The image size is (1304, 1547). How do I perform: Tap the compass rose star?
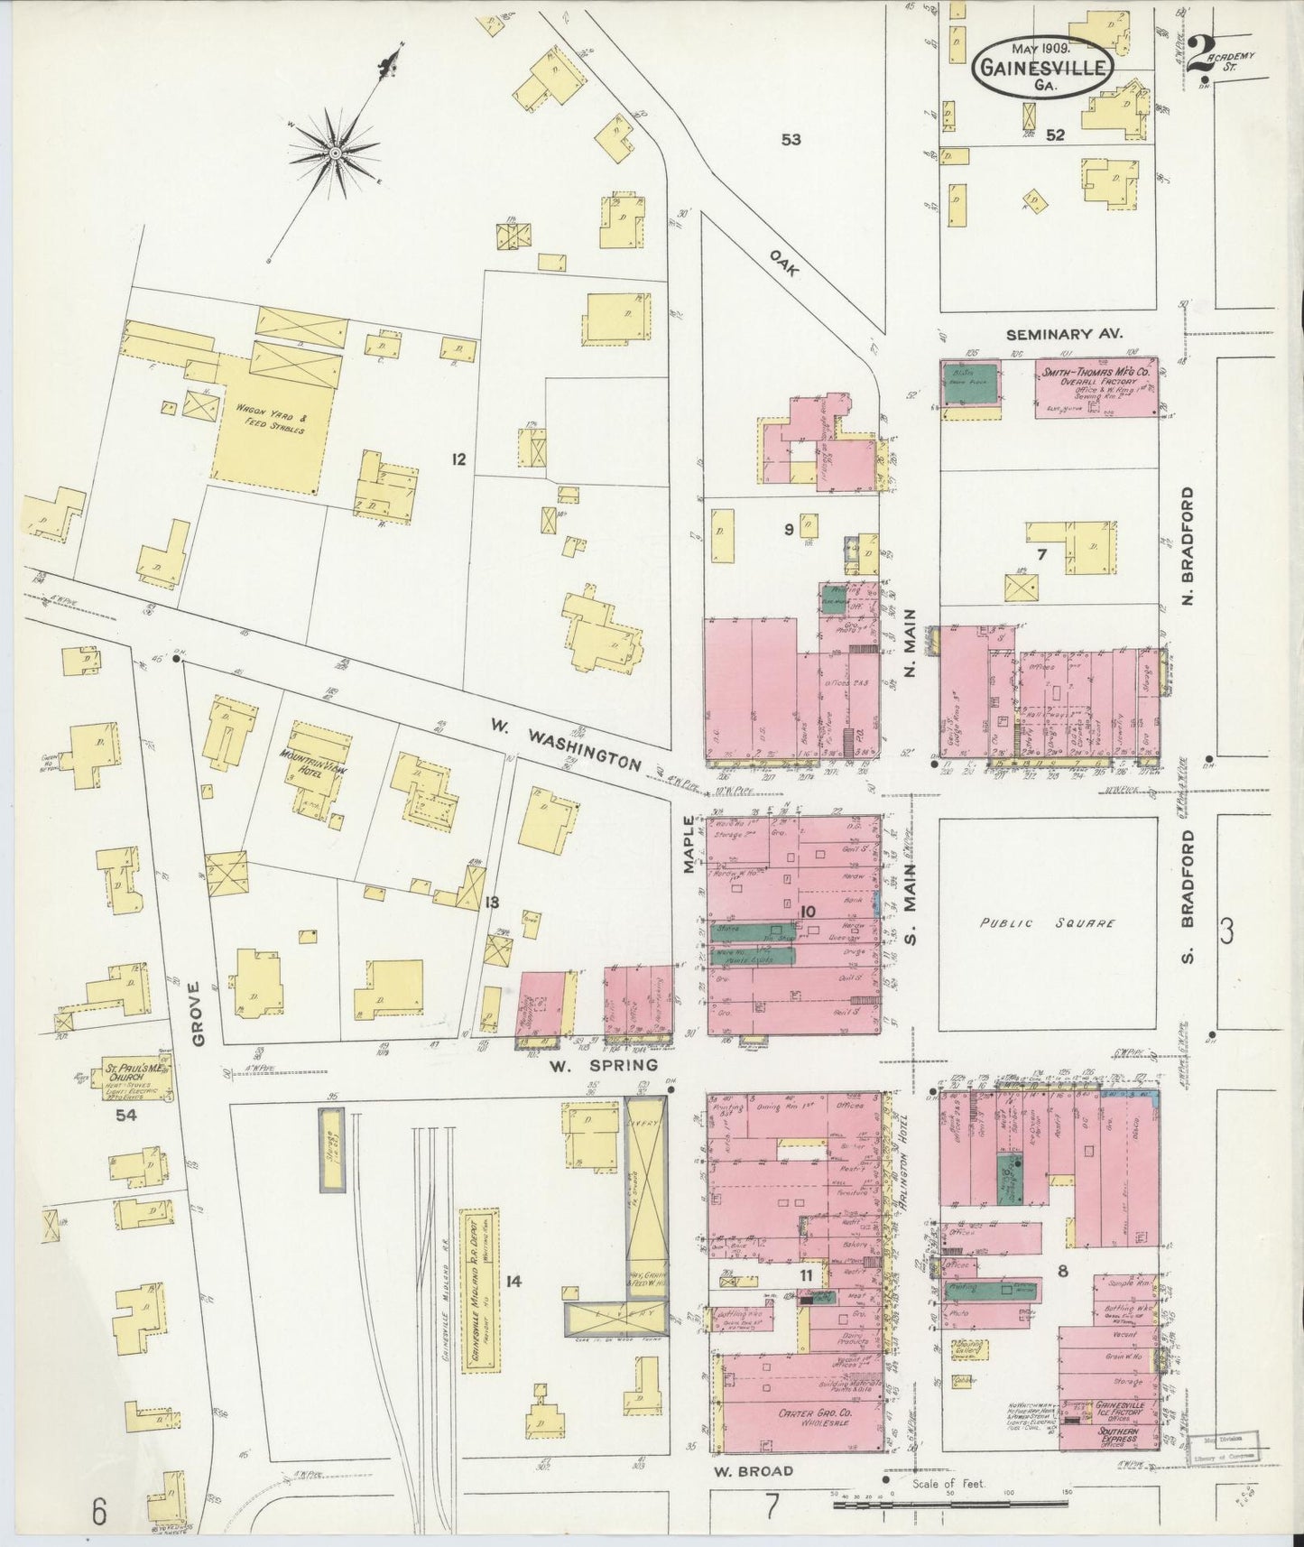click(335, 153)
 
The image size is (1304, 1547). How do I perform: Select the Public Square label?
click(1048, 923)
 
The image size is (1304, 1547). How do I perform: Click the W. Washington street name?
click(566, 744)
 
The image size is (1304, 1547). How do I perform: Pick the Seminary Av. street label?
click(1064, 334)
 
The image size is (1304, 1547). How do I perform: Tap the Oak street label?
click(785, 262)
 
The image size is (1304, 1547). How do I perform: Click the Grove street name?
click(199, 1014)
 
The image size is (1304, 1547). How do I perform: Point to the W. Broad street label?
click(754, 1470)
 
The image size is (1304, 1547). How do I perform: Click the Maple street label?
click(689, 844)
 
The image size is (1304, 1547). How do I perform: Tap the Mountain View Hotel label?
click(310, 763)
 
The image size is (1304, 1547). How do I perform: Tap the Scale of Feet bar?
click(950, 1502)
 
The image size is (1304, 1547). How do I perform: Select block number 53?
click(791, 140)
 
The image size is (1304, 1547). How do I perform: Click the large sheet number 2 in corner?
click(1199, 56)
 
